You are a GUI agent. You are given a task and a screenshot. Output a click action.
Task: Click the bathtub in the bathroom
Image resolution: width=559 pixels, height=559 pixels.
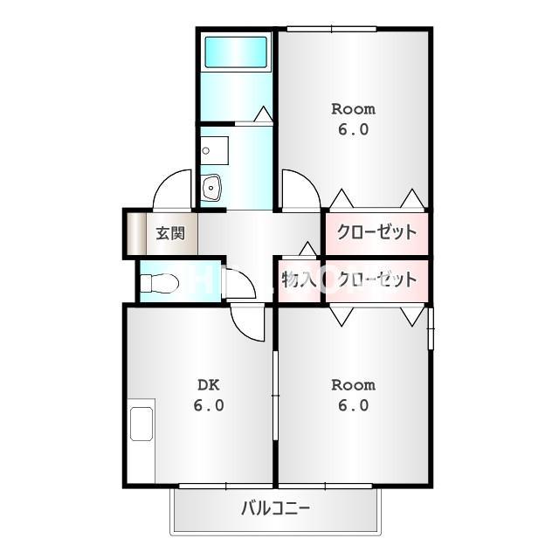[x=236, y=52]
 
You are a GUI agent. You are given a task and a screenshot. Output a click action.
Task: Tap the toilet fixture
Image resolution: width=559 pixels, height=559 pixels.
[x=159, y=283]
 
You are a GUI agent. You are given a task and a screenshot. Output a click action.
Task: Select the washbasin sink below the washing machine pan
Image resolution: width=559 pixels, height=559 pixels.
[x=210, y=186]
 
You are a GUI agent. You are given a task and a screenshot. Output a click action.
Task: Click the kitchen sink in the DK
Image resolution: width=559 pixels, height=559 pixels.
[x=141, y=424]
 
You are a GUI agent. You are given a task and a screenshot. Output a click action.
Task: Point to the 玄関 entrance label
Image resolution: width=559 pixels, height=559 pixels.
[x=171, y=233]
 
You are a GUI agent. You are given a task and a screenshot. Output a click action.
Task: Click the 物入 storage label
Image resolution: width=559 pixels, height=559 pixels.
[x=299, y=279]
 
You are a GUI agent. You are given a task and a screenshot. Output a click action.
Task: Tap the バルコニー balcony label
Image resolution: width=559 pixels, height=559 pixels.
[x=276, y=508]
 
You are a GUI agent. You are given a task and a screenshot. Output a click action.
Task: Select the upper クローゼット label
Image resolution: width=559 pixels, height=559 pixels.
[x=376, y=232]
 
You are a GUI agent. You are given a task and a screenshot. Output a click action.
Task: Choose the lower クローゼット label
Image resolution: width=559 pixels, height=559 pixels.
[x=376, y=279]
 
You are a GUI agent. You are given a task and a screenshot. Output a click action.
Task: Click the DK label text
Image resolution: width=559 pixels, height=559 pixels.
[x=209, y=385]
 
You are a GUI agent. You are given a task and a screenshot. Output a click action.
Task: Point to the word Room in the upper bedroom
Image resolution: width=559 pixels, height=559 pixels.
[x=353, y=109]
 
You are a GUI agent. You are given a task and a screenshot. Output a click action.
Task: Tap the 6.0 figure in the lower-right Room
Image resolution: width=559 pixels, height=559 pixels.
[x=353, y=405]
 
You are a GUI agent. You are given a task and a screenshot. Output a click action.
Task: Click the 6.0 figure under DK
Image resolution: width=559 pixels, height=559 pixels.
[x=209, y=405]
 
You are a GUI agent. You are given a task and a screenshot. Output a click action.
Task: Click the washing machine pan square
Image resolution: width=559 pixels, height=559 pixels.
[x=214, y=150]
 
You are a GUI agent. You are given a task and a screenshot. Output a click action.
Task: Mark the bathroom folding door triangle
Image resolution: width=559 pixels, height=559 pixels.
[x=264, y=114]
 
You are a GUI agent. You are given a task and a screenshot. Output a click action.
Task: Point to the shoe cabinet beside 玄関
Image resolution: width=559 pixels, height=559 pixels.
[x=136, y=233]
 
